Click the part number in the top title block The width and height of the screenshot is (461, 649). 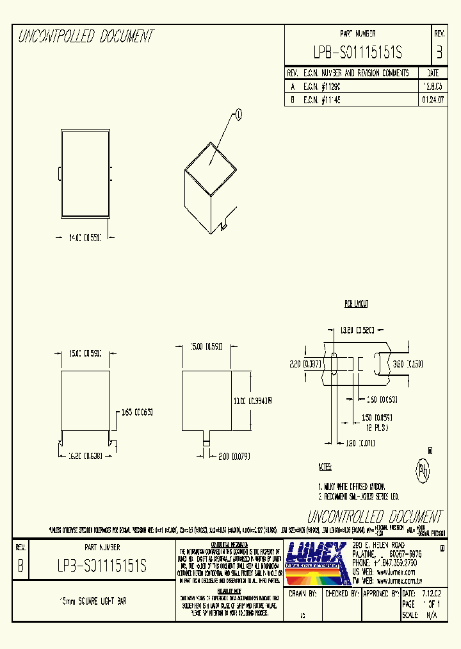point(357,53)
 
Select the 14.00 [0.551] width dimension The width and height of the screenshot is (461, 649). point(85,237)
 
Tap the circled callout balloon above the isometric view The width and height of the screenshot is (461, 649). point(239,115)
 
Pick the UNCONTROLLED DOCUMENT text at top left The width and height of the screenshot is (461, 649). point(86,37)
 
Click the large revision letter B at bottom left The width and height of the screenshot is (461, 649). point(20,567)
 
